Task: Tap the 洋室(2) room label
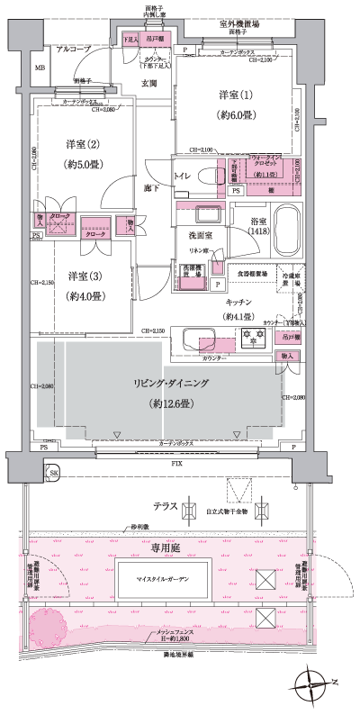click(80, 144)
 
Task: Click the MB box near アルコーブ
click(40, 68)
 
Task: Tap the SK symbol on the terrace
click(54, 473)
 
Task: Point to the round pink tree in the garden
click(48, 627)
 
